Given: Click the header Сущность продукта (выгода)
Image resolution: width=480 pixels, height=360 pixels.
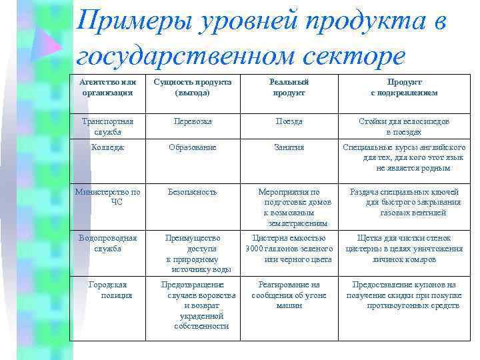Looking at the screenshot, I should (x=193, y=87).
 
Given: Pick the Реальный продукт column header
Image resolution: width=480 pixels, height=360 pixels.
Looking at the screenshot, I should (x=289, y=87).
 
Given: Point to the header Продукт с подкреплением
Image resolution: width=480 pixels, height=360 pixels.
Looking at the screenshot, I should (x=404, y=87).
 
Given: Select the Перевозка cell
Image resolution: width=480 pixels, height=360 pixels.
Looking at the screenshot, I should (x=193, y=121).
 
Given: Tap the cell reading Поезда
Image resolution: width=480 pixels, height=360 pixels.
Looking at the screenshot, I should (x=289, y=121).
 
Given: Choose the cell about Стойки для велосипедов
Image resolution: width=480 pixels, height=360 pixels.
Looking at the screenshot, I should (x=404, y=126).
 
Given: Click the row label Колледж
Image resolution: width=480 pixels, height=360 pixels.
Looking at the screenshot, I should (x=107, y=147).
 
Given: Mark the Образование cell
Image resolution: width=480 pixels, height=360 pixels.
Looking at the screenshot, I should (x=193, y=147).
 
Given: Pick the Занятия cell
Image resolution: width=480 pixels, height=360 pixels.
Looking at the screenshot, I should (x=289, y=147).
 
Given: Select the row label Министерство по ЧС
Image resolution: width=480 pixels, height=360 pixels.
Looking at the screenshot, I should (x=107, y=197).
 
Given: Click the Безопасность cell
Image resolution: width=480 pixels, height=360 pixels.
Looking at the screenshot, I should (x=193, y=192).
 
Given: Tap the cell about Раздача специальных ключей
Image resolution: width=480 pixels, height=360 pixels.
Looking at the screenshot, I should (x=404, y=202).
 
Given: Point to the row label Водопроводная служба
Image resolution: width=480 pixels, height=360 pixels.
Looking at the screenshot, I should (x=107, y=243).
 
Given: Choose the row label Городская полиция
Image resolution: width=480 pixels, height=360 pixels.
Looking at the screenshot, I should (x=111, y=289).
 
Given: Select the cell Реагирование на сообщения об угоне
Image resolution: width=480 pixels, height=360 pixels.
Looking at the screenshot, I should (x=289, y=295).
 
